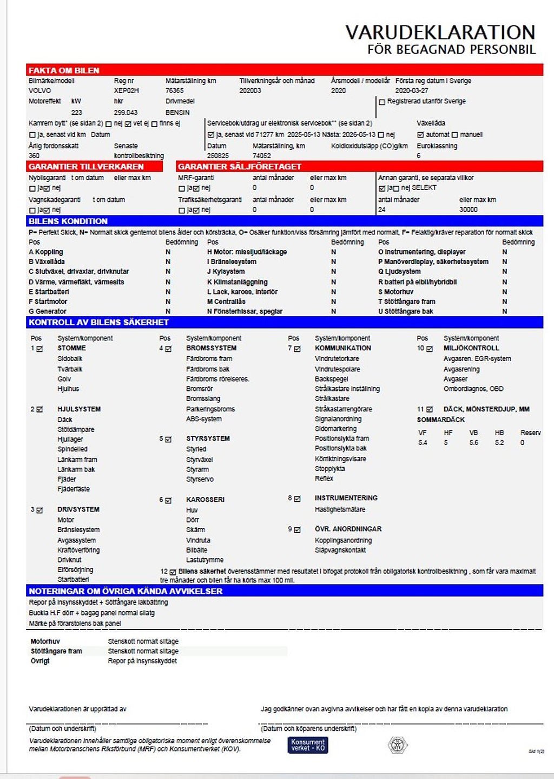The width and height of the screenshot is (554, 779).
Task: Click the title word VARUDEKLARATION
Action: coord(440,32)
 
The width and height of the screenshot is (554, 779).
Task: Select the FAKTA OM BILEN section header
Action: coord(64,70)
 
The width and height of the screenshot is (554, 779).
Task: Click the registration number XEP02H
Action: coord(126,90)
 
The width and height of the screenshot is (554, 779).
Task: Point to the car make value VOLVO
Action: coord(40,90)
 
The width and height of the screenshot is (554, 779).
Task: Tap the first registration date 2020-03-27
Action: coord(411,90)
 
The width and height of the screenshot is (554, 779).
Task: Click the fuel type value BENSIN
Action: coord(177,113)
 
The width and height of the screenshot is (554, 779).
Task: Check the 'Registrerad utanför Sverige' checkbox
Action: coord(382,102)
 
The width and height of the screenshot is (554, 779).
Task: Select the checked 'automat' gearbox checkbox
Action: coord(420,135)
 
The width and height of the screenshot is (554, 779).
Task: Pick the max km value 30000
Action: coord(469,210)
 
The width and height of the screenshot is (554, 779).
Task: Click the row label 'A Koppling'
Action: coord(46,252)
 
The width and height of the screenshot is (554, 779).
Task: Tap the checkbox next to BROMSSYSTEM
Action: coord(168,349)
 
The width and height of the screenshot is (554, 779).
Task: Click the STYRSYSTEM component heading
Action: coord(208,438)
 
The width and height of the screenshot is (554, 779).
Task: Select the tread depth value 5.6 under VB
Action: coord(474,443)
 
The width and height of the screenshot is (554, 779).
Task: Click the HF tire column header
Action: coord(448,433)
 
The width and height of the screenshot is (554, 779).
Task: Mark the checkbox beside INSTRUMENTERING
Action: coord(297,499)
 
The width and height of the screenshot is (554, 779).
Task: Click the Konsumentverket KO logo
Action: coord(308,745)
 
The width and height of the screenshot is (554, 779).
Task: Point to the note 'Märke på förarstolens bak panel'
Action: coord(75,624)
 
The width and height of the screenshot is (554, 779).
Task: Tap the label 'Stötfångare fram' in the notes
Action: coord(56,651)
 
